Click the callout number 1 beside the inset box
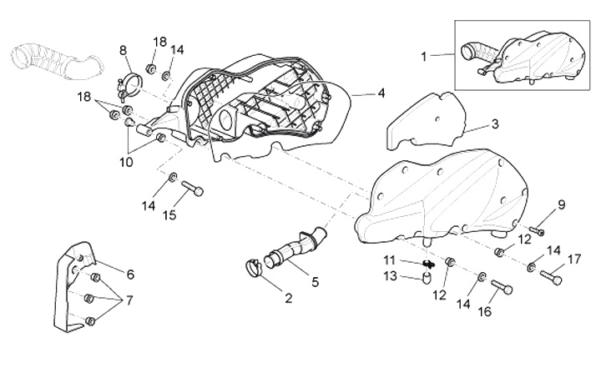[423, 57]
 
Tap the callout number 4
[381, 93]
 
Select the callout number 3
[495, 124]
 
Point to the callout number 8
[123, 51]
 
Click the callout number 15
[169, 215]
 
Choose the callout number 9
[561, 205]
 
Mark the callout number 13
[391, 275]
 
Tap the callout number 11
[390, 260]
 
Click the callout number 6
[130, 275]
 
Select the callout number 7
[129, 300]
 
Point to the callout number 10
[126, 162]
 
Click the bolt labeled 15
[192, 189]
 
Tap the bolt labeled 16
[502, 287]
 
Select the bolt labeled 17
[551, 277]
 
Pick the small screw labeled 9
[538, 230]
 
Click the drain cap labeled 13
[427, 279]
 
